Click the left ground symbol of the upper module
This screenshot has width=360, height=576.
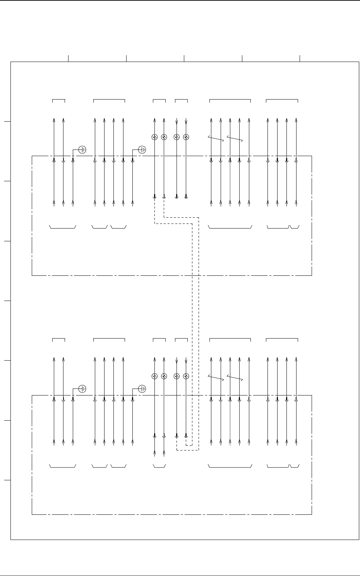tap(82, 149)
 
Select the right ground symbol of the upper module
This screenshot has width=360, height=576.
tap(142, 149)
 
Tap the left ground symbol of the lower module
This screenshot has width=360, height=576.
tap(82, 388)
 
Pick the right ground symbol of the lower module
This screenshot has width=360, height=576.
tap(142, 388)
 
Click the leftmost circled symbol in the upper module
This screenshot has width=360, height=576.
tap(154, 137)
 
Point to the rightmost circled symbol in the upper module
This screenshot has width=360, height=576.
tap(186, 137)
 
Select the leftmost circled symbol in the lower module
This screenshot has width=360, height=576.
tap(154, 376)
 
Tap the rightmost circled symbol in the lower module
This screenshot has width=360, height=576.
tap(186, 376)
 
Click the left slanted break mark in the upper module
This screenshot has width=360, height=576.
tap(216, 139)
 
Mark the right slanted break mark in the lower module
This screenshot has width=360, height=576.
tap(235, 378)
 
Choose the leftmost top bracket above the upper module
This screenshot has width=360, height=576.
tap(58, 100)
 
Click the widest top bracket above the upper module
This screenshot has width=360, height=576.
tap(230, 100)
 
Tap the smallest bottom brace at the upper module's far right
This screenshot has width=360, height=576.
tap(295, 227)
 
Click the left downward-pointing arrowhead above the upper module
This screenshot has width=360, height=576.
tap(177, 124)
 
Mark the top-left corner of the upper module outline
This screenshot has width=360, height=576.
tap(32, 156)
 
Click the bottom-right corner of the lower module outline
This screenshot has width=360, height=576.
tap(312, 514)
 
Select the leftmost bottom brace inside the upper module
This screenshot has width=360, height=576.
tap(63, 227)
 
